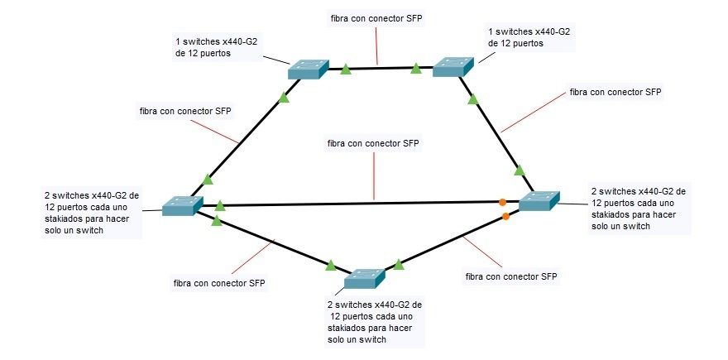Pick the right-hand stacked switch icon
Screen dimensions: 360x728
pyautogui.click(x=539, y=200)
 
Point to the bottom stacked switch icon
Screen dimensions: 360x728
pyautogui.click(x=365, y=278)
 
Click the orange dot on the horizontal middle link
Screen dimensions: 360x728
pyautogui.click(x=502, y=201)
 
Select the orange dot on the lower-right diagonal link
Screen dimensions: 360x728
pyautogui.click(x=506, y=217)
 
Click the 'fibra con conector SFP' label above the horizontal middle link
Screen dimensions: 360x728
pyautogui.click(x=374, y=143)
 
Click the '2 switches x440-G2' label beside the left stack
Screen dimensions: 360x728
pyautogui.click(x=92, y=213)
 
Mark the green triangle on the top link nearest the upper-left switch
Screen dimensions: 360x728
pyautogui.click(x=347, y=67)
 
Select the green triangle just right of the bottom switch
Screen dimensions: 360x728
pyautogui.click(x=399, y=265)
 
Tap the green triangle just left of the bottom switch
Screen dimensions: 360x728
pyautogui.click(x=331, y=266)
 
